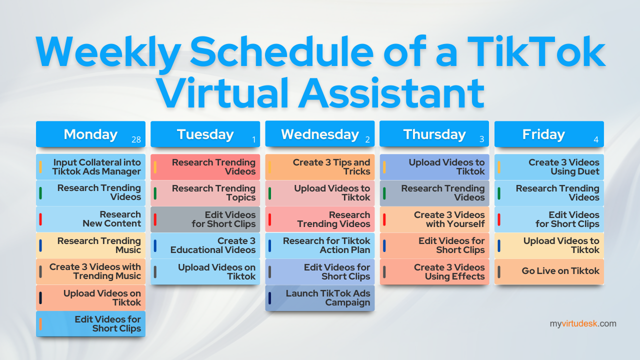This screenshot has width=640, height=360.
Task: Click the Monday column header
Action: click(x=90, y=134)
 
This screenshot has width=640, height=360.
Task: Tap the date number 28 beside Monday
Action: click(x=136, y=139)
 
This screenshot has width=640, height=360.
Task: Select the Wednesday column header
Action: click(x=319, y=134)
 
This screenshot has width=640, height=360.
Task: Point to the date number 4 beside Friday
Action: click(x=596, y=139)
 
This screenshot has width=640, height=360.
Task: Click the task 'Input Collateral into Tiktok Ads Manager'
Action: click(x=90, y=167)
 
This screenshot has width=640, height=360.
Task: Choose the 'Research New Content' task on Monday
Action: click(x=90, y=219)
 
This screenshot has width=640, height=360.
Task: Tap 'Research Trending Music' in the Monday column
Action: click(x=90, y=245)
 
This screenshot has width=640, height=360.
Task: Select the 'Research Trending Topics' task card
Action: click(x=205, y=193)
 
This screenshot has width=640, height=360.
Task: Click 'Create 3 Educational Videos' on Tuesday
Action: click(x=205, y=245)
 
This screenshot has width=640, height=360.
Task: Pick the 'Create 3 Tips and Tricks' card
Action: click(x=319, y=167)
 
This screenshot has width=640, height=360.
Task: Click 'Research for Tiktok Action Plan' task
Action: click(x=319, y=245)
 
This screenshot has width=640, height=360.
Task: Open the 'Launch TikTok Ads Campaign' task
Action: click(x=319, y=298)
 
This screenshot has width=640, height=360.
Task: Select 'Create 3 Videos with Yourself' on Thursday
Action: click(x=434, y=219)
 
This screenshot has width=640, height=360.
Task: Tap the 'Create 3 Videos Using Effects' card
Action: click(x=434, y=271)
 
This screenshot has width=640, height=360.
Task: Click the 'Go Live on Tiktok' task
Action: click(x=549, y=271)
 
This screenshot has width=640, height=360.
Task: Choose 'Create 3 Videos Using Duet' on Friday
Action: click(x=549, y=167)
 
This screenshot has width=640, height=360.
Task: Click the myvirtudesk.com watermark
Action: click(x=583, y=323)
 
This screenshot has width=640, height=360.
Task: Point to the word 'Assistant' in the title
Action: click(x=391, y=93)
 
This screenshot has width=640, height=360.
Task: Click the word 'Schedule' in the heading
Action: click(x=281, y=51)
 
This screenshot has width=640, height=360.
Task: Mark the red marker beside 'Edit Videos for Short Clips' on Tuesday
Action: click(x=155, y=219)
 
